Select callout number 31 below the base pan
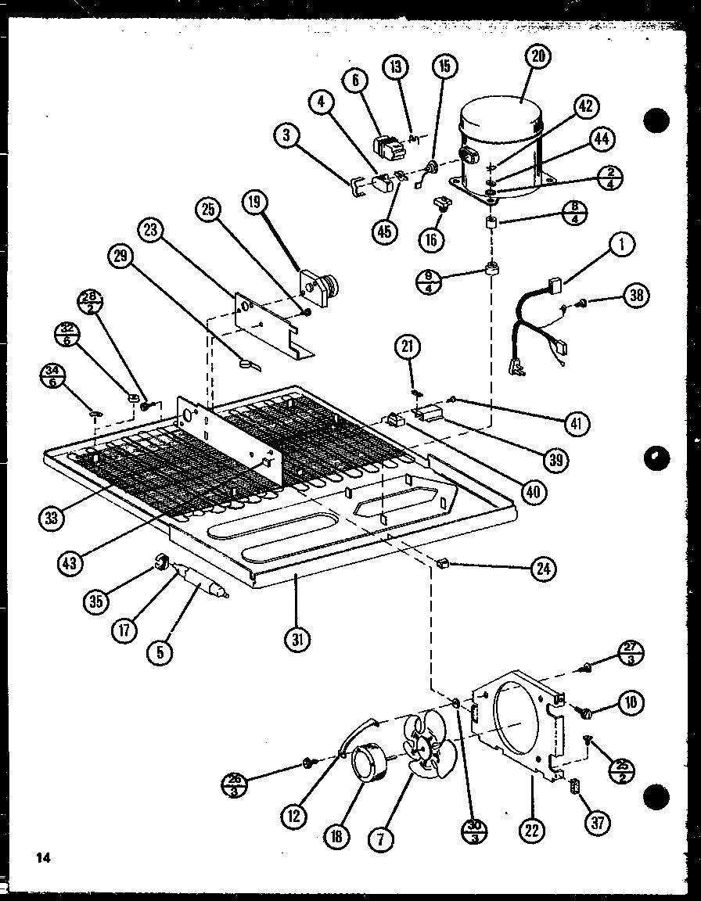(x=297, y=640)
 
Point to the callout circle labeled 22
(x=532, y=831)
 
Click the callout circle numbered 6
(x=354, y=81)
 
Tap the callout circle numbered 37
(x=599, y=822)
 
